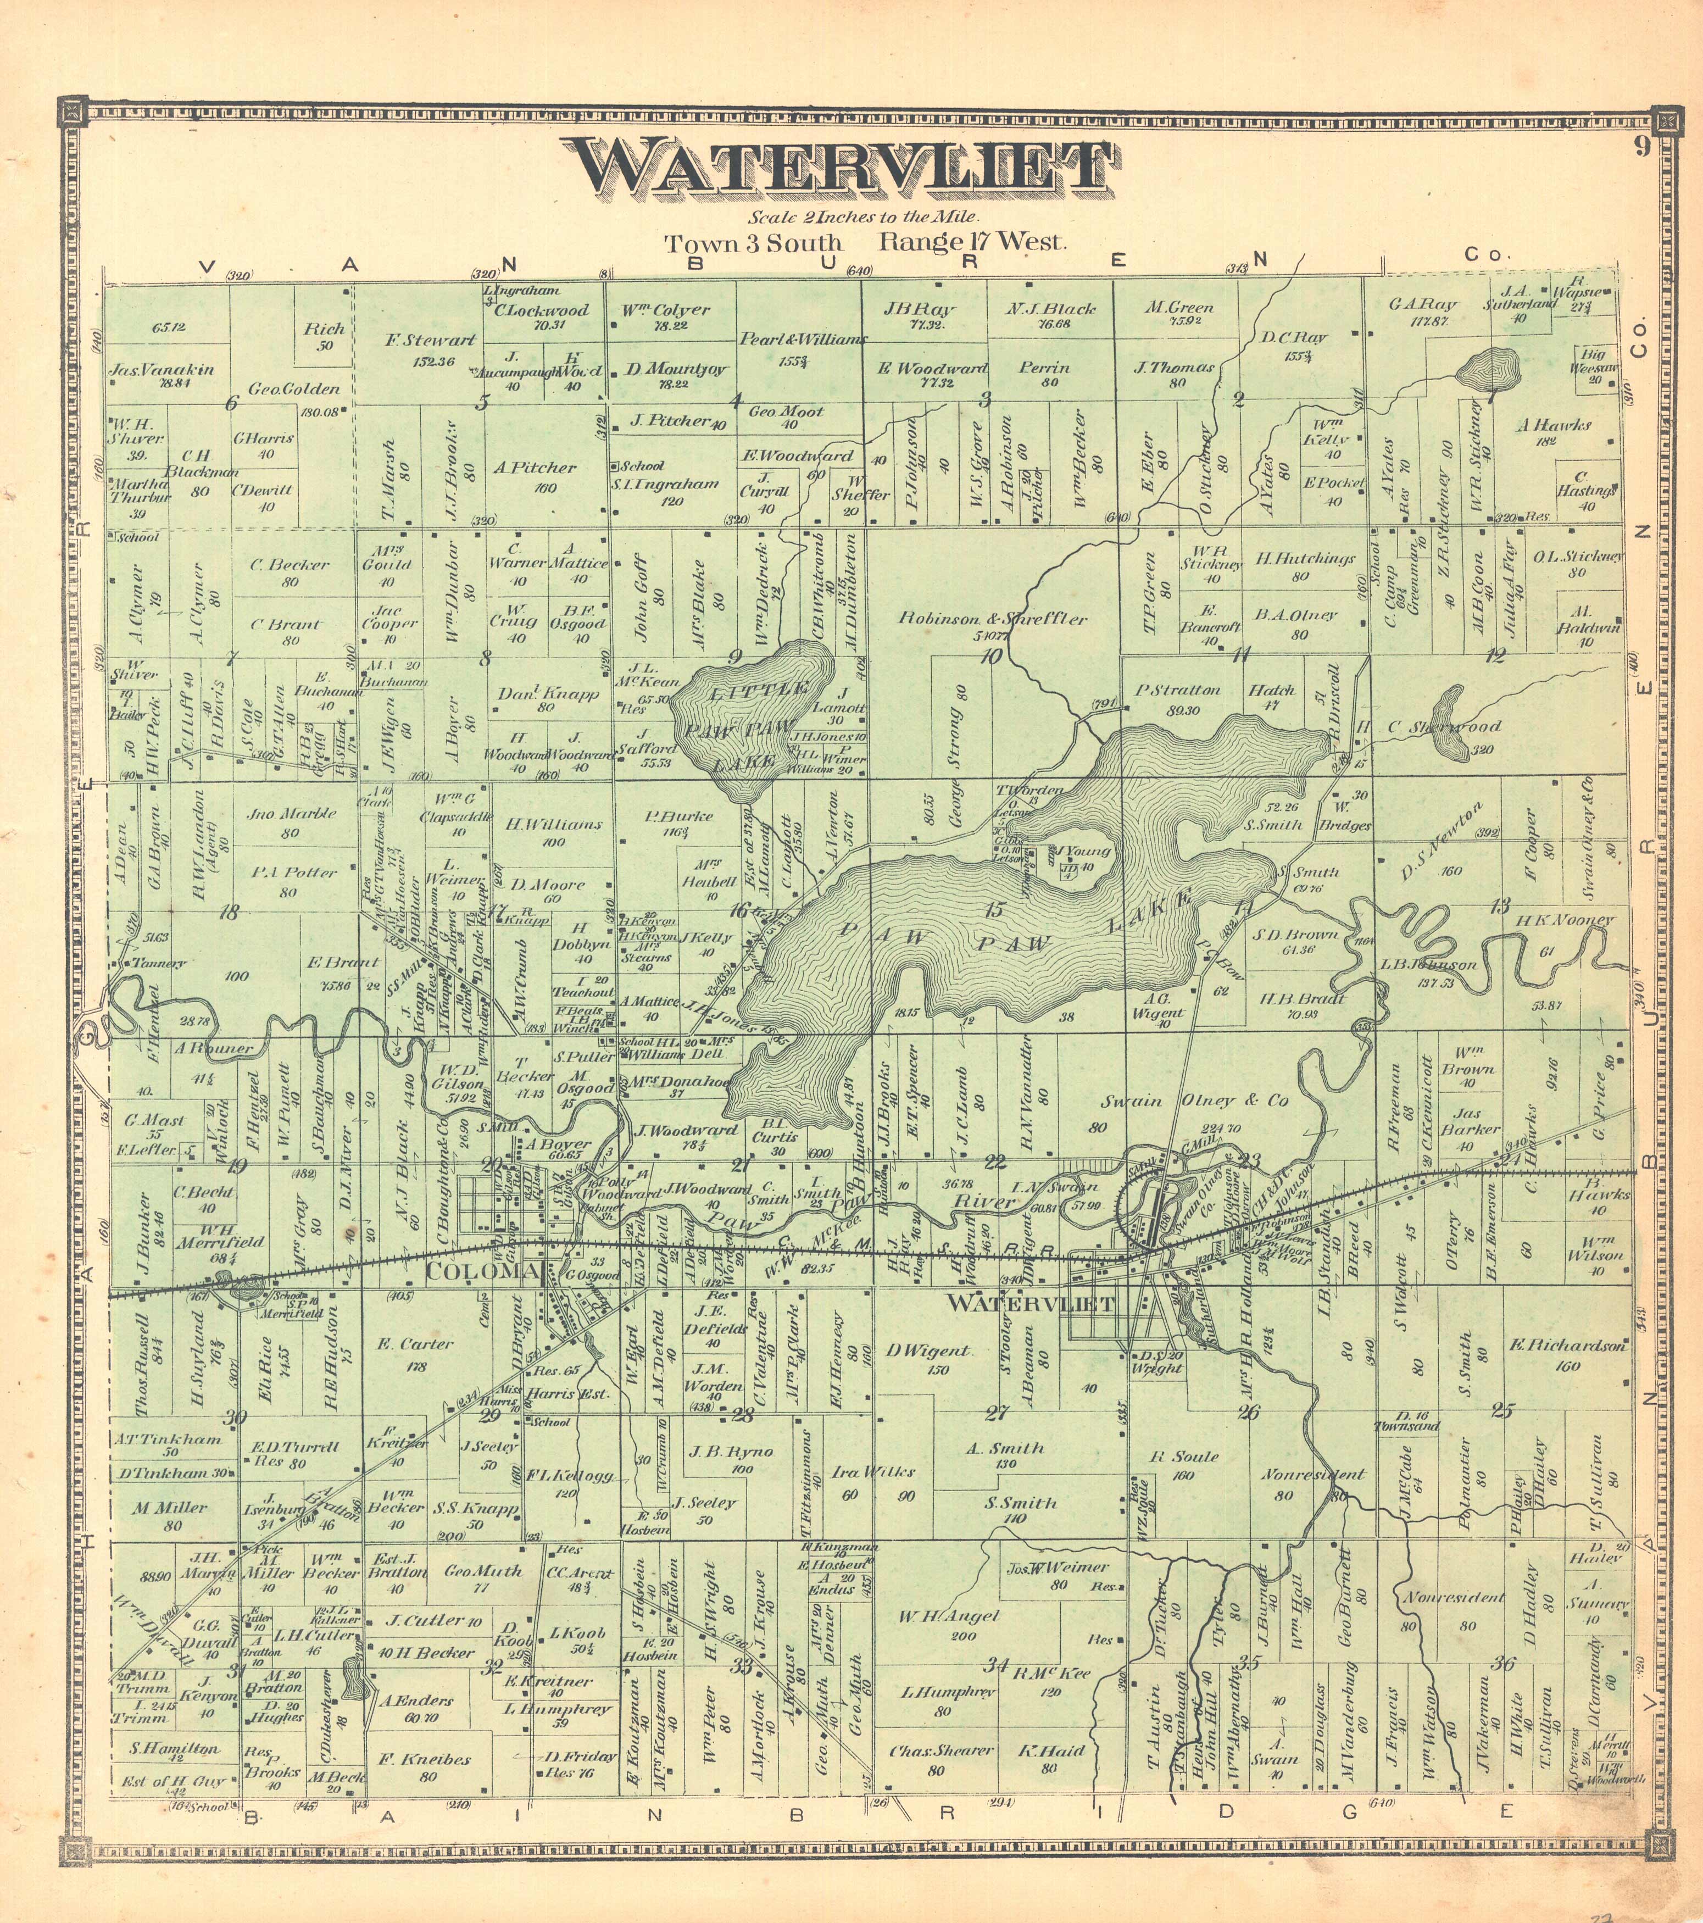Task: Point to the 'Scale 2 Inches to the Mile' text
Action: pos(850,218)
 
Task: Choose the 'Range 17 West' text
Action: pos(973,242)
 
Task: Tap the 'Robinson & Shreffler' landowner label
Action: pos(993,619)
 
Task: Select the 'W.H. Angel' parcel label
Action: pos(948,1616)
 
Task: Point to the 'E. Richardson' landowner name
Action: pos(1567,1346)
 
